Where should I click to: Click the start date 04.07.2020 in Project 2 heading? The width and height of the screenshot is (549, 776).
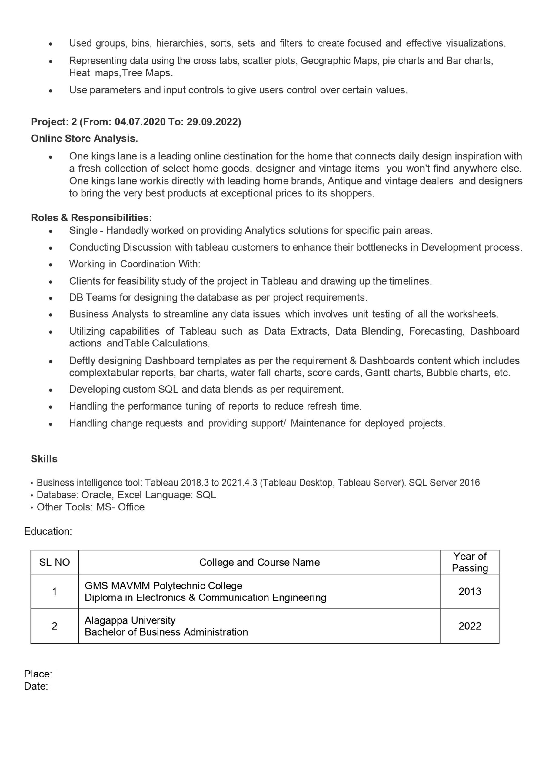click(x=140, y=122)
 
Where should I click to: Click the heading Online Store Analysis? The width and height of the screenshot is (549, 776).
click(x=84, y=138)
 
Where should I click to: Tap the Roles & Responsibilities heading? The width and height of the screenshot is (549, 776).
click(x=91, y=217)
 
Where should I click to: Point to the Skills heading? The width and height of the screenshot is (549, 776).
click(x=44, y=459)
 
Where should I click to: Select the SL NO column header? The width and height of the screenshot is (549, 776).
click(x=55, y=562)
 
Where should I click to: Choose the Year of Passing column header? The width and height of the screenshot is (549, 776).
click(x=470, y=562)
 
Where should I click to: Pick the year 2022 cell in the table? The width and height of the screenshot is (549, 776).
click(x=470, y=626)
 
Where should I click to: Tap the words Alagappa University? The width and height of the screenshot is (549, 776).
click(x=130, y=620)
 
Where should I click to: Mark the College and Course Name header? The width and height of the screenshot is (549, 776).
click(x=259, y=562)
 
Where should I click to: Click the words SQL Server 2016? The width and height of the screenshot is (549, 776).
click(x=444, y=483)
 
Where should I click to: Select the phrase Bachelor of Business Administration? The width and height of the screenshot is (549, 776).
click(x=166, y=632)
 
